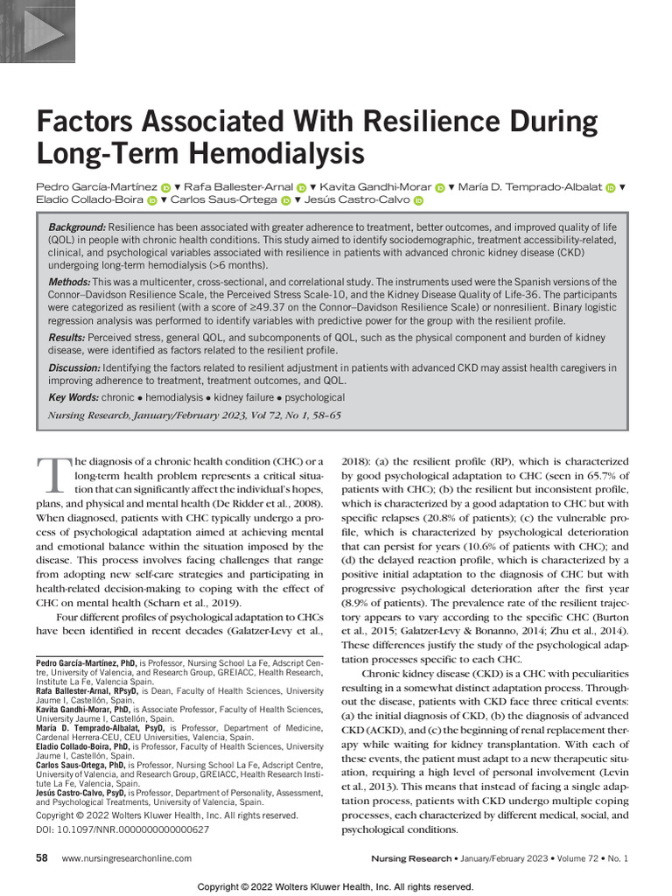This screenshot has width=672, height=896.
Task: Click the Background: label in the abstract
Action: (x=77, y=227)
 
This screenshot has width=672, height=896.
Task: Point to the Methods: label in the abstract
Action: (x=69, y=283)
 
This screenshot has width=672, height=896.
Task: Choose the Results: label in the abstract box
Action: (x=68, y=338)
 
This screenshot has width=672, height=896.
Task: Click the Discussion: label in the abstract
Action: (x=76, y=367)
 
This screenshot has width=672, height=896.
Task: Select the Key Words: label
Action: (x=73, y=397)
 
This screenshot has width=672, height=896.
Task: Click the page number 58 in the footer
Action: (x=41, y=858)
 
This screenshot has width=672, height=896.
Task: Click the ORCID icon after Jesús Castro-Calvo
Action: (x=417, y=200)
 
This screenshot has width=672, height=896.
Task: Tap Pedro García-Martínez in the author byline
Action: (x=96, y=187)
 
